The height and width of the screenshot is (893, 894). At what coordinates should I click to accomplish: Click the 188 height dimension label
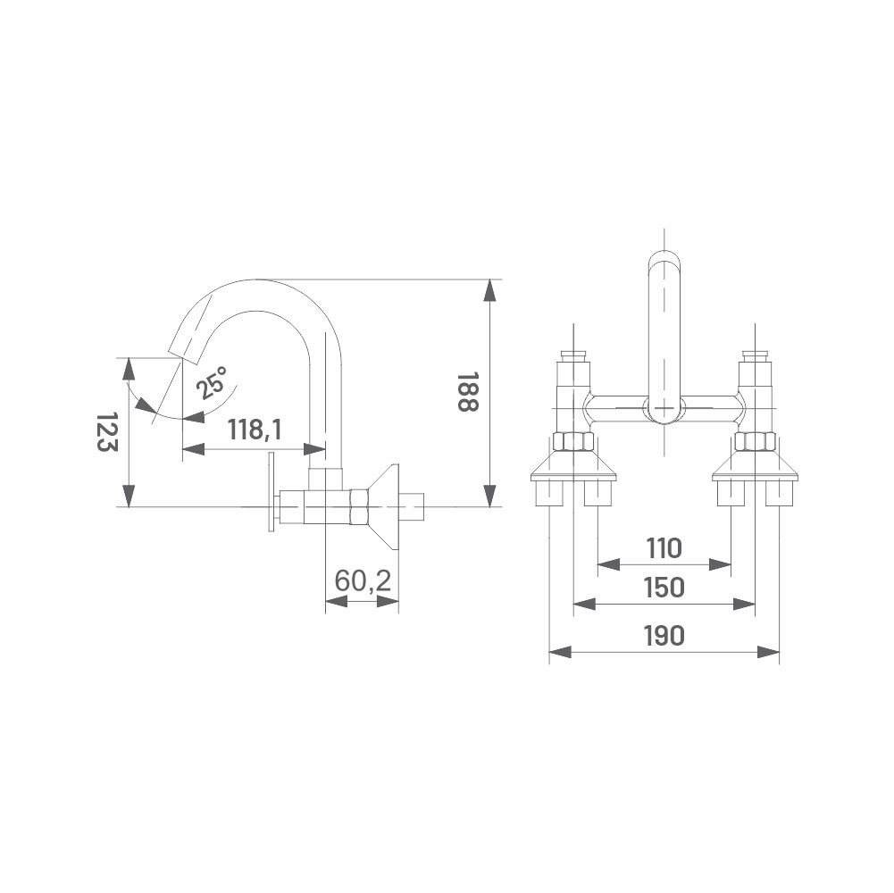[x=467, y=392]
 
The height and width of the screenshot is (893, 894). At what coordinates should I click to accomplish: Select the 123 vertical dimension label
[x=106, y=431]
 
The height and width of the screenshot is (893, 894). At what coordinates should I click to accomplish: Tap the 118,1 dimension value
[x=255, y=430]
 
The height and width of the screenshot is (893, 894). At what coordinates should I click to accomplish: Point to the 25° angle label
[x=212, y=382]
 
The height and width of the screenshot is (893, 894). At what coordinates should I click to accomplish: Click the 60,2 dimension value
[x=363, y=581]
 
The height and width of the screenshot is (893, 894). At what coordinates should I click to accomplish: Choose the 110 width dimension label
[x=664, y=548]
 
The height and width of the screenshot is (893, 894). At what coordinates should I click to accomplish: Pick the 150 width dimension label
[x=664, y=588]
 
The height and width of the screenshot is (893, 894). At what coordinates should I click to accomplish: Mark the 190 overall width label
[x=664, y=636]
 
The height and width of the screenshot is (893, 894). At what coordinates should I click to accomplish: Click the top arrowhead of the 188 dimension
[x=489, y=290]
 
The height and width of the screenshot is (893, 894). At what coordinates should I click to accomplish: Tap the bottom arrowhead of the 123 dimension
[x=129, y=496]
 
